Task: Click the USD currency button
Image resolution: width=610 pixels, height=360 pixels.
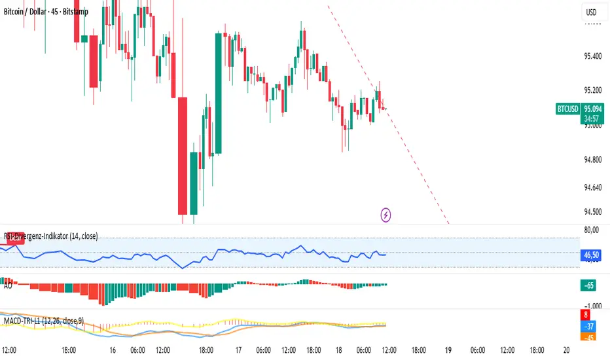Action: pyautogui.click(x=591, y=12)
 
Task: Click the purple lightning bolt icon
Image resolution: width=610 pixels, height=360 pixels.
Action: pyautogui.click(x=386, y=214)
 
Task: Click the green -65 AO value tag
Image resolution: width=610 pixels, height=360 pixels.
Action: pyautogui.click(x=588, y=285)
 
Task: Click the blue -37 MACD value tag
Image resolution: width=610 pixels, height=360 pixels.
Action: pyautogui.click(x=588, y=326)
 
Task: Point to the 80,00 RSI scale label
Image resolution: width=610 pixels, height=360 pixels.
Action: pyautogui.click(x=591, y=230)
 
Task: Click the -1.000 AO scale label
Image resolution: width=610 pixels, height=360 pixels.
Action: pyautogui.click(x=591, y=305)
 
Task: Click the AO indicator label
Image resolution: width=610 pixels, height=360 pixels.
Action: pyautogui.click(x=8, y=286)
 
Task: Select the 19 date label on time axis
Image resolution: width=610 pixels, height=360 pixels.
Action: pyautogui.click(x=448, y=350)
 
